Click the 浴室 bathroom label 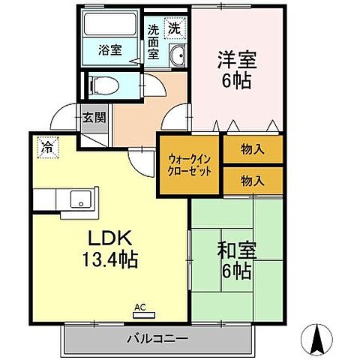pyautogui.click(x=110, y=51)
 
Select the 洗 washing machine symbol pyautogui.click(x=174, y=29)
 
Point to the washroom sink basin pyautogui.click(x=178, y=56)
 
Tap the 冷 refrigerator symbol pyautogui.click(x=46, y=148)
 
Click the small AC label pyautogui.click(x=139, y=306)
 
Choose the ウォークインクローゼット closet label pyautogui.click(x=189, y=165)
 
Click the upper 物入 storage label pyautogui.click(x=253, y=148)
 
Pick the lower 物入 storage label pyautogui.click(x=253, y=180)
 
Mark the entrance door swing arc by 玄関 pyautogui.click(x=64, y=115)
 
